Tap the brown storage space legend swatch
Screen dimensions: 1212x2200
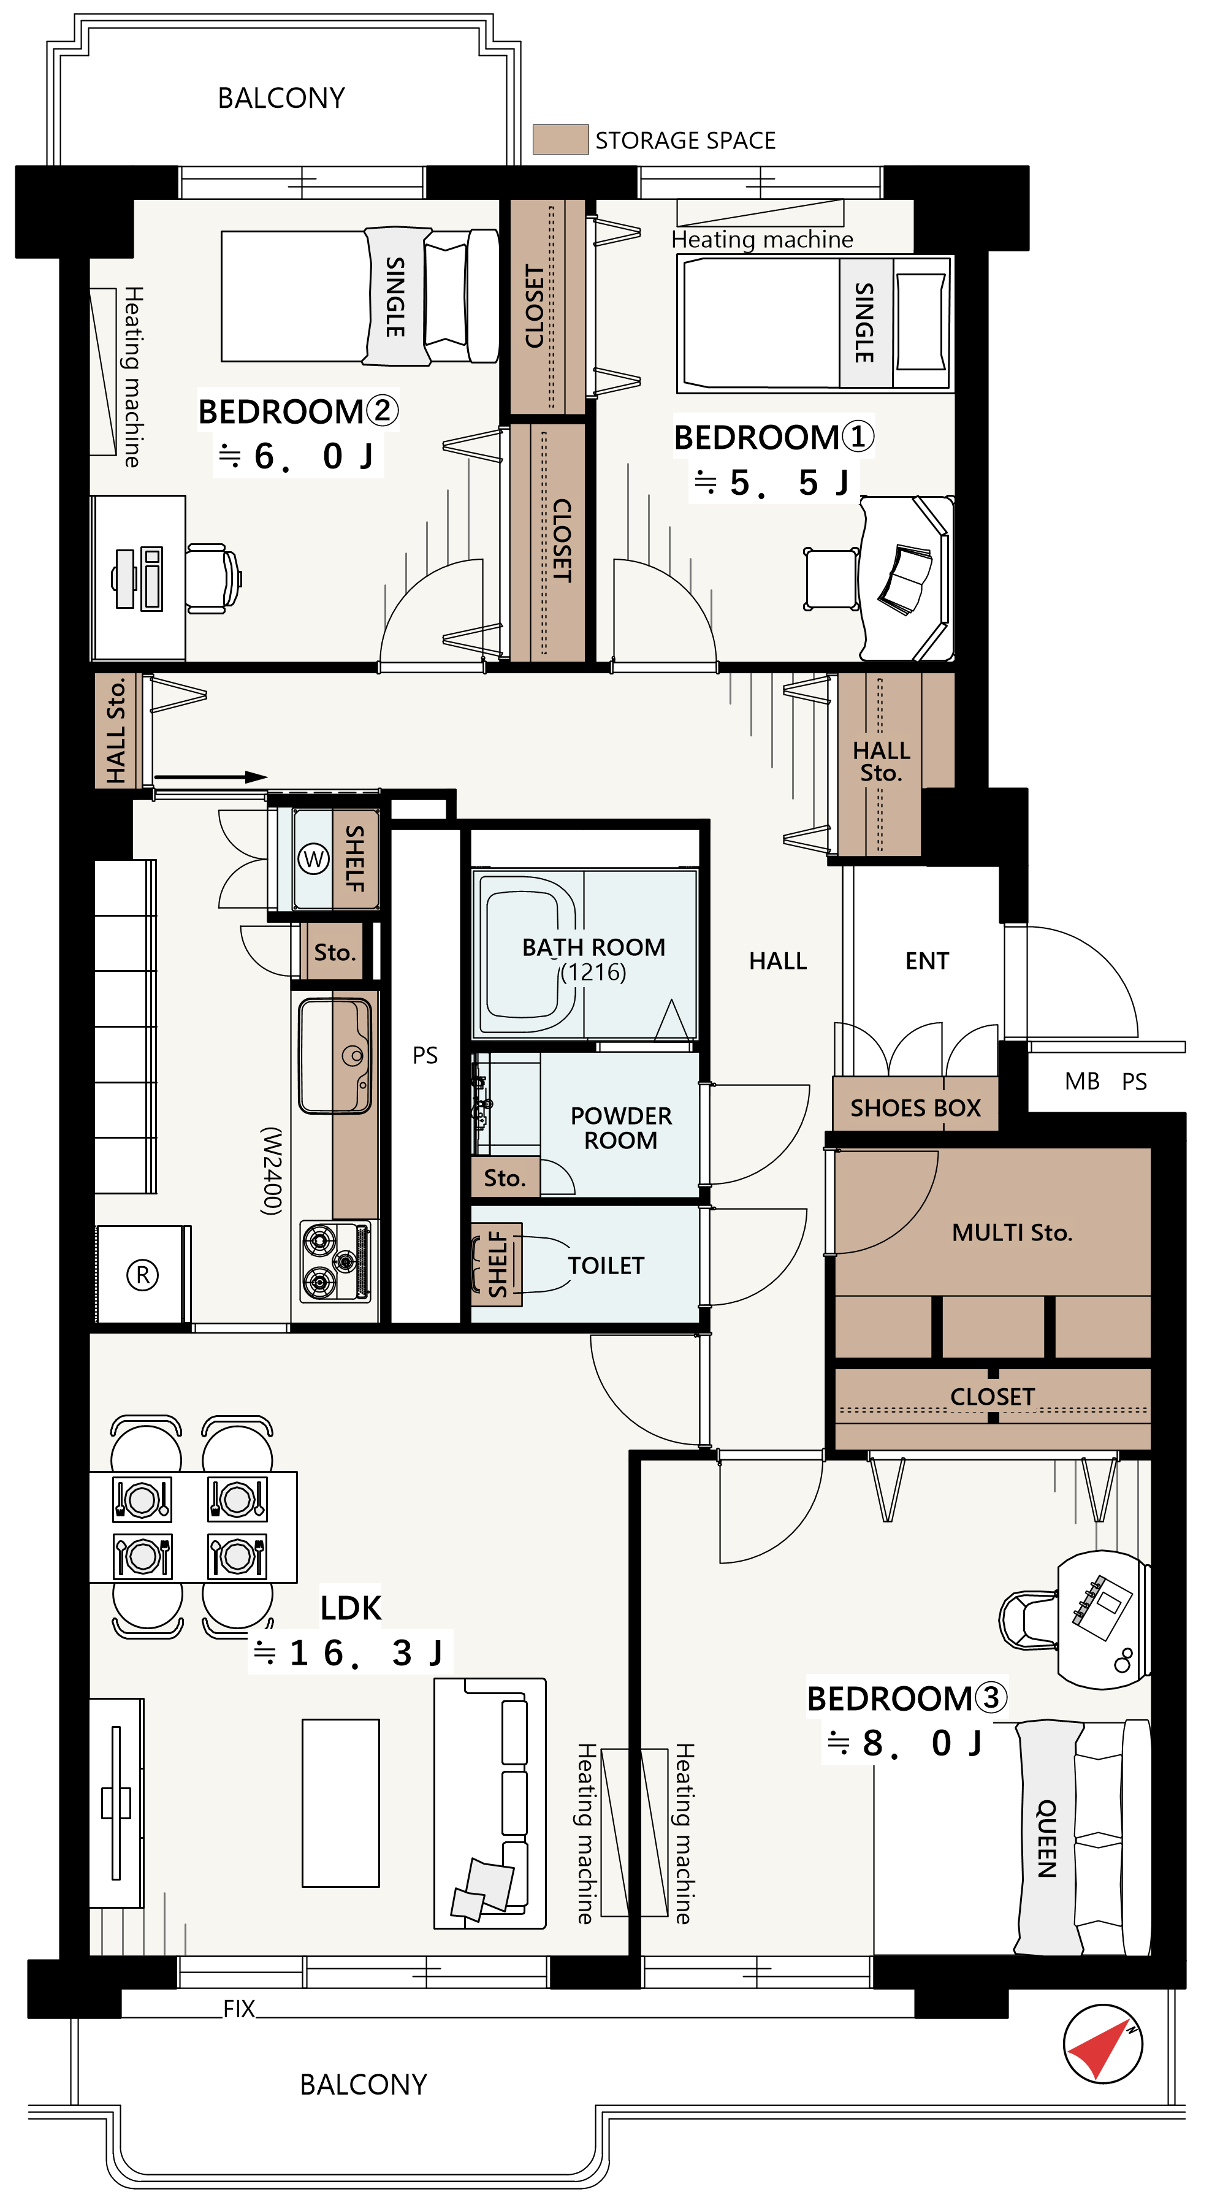point(560,139)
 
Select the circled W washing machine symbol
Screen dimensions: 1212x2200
point(313,858)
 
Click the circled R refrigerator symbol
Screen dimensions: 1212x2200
point(143,1275)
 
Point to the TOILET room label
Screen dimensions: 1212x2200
point(606,1266)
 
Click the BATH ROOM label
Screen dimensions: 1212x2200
point(593,947)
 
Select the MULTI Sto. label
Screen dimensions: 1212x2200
point(1012,1232)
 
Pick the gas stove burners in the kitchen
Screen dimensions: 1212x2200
point(336,1261)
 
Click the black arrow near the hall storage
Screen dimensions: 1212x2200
point(211,777)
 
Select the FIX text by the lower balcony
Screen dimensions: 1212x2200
point(239,2008)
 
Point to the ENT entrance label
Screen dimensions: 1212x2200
point(927,961)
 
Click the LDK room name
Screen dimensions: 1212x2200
point(351,1608)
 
